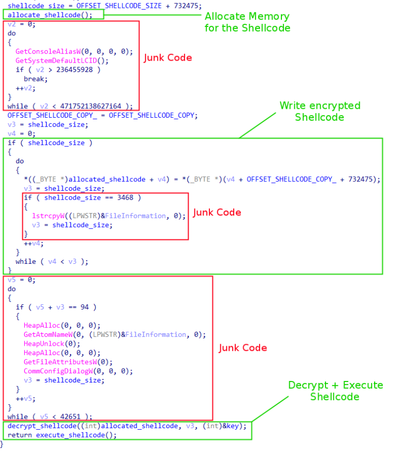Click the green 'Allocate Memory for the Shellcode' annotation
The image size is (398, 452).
(247, 21)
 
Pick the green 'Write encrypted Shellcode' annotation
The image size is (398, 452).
(319, 111)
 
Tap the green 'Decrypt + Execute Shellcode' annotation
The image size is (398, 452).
(335, 391)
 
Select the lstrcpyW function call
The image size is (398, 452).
(48, 216)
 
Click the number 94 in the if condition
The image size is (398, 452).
(84, 307)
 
